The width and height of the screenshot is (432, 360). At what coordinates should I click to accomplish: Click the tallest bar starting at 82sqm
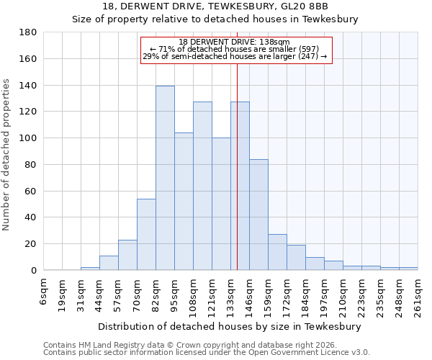(165, 178)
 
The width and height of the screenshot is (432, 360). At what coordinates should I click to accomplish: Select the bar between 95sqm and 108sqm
(184, 201)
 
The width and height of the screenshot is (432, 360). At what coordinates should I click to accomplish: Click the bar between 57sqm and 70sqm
(127, 255)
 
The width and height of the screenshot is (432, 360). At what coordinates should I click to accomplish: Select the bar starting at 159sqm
(277, 252)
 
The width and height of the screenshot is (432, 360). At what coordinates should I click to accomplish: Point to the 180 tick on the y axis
(28, 32)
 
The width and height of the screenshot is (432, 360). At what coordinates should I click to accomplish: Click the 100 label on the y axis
(28, 138)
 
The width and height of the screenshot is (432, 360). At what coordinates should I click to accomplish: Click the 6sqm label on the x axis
(44, 292)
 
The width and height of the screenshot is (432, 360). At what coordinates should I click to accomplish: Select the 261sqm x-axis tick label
(418, 295)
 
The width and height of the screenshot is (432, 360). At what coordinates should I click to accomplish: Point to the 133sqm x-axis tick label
(231, 295)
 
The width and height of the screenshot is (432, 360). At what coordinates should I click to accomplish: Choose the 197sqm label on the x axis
(325, 295)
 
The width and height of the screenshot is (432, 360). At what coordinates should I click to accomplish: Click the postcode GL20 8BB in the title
(300, 6)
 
